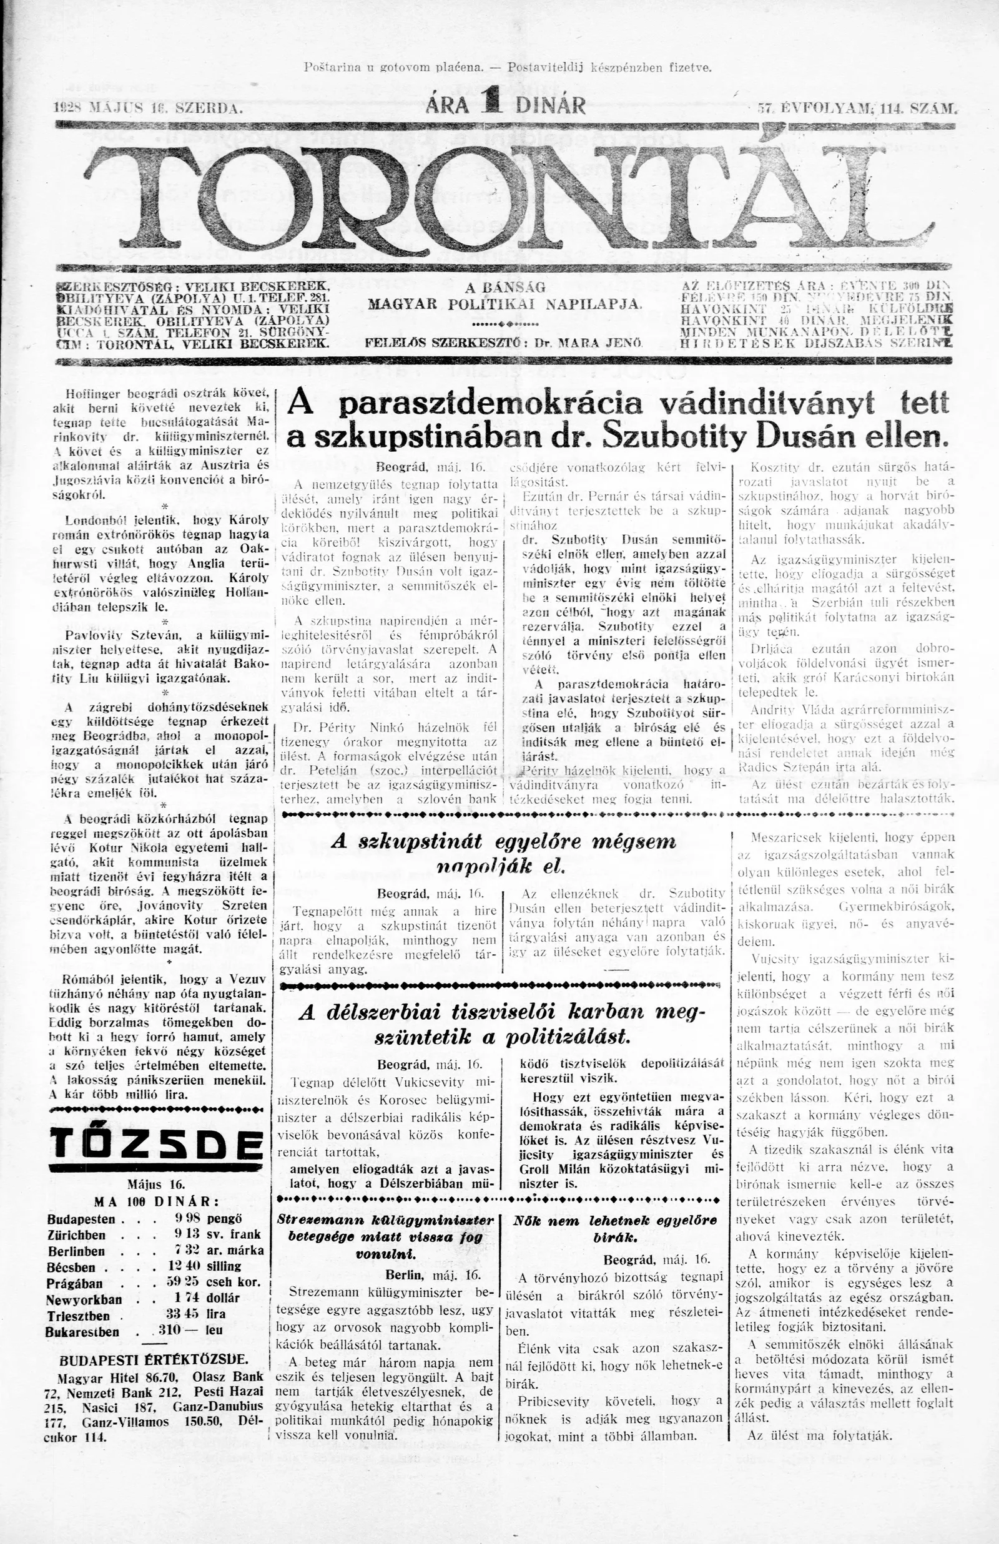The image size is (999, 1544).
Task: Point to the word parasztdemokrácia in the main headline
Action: [x=491, y=406]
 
